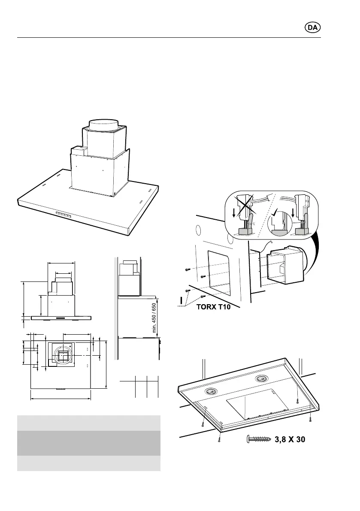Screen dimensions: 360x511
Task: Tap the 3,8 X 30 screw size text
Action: point(290,440)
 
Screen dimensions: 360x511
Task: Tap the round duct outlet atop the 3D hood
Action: point(103,125)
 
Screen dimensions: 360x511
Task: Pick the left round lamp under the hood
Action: point(210,391)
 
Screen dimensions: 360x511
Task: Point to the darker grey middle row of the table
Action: point(88,443)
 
